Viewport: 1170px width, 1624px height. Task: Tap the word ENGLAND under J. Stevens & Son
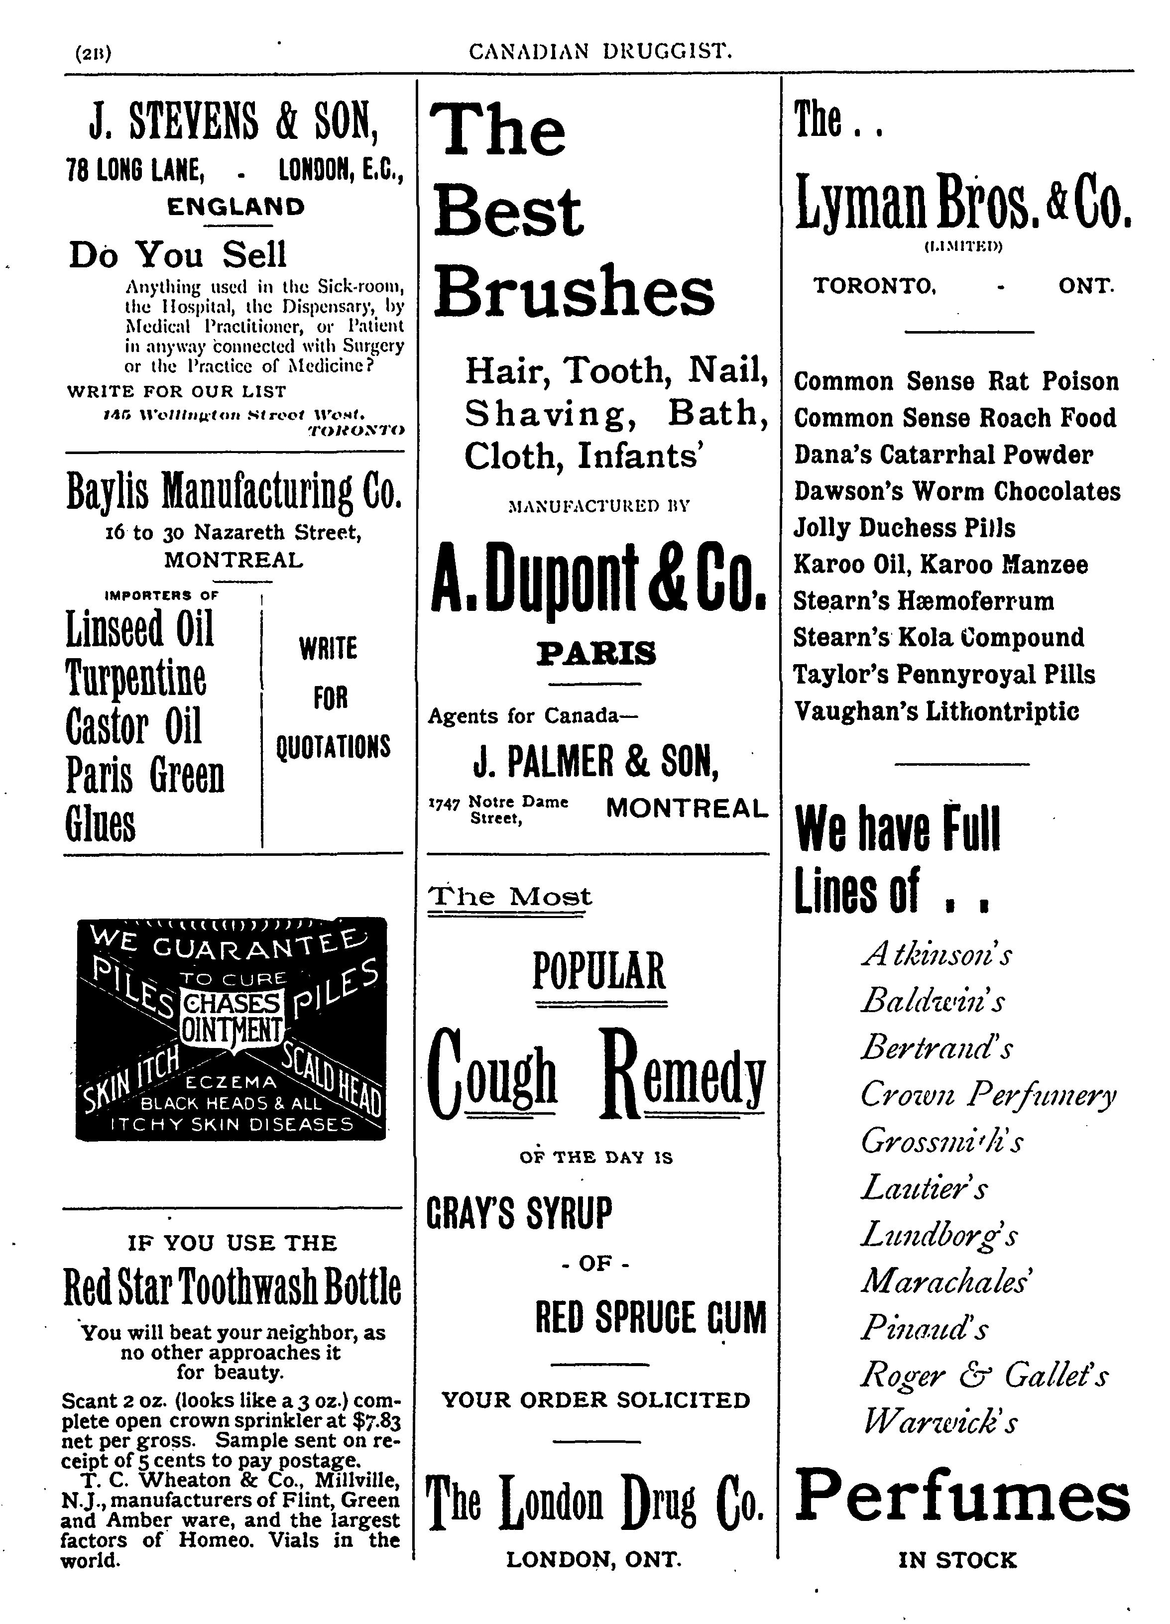click(235, 207)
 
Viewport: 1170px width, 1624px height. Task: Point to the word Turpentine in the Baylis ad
click(136, 678)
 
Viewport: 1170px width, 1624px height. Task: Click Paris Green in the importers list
click(145, 776)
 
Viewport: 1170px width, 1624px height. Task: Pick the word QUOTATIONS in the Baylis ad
click(333, 747)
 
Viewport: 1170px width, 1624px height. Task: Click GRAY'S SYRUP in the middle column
click(520, 1213)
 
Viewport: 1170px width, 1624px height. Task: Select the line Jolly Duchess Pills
click(904, 528)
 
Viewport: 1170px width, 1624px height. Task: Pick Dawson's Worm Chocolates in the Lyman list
click(956, 491)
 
